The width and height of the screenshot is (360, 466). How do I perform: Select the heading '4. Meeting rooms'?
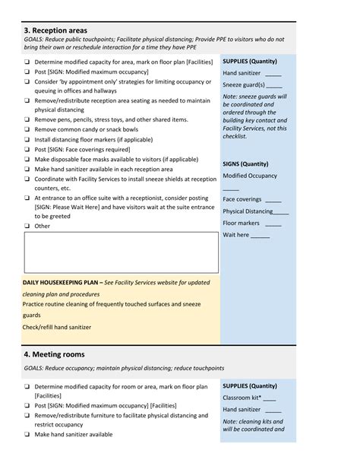point(54,354)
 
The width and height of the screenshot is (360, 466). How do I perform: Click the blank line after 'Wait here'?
point(260,236)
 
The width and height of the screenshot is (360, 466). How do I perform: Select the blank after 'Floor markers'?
point(273,223)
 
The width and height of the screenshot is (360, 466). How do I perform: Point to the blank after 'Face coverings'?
point(272,200)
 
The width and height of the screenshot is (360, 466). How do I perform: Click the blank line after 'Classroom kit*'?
point(269,398)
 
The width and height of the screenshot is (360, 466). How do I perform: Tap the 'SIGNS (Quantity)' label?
point(245,163)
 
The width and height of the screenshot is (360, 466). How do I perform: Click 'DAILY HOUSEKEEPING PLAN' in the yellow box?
point(61,282)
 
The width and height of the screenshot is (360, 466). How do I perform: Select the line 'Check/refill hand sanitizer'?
point(57,327)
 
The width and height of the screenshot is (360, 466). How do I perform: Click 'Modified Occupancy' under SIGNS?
point(250,176)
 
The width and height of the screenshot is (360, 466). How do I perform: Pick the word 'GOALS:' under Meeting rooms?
point(33,369)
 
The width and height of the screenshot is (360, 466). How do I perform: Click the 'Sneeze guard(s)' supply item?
point(244,85)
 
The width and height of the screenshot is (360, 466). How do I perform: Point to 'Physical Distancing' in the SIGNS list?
point(248,211)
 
